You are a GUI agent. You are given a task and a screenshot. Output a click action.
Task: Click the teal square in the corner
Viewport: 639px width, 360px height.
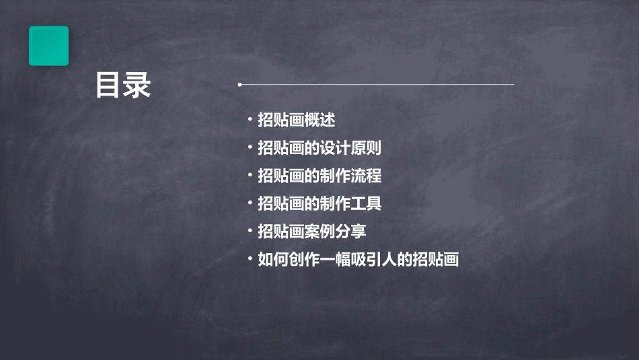pyautogui.click(x=48, y=46)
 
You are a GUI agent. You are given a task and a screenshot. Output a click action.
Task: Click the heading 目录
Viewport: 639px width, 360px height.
pyautogui.click(x=123, y=85)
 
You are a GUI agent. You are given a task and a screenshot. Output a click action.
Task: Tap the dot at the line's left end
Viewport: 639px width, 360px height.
pyautogui.click(x=239, y=85)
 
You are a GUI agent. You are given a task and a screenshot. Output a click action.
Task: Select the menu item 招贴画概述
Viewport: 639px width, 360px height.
pyautogui.click(x=296, y=120)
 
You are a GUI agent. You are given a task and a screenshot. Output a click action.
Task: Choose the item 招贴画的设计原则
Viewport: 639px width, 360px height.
pyautogui.click(x=319, y=148)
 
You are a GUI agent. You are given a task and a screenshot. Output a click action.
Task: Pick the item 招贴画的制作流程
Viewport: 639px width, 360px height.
pyautogui.click(x=319, y=176)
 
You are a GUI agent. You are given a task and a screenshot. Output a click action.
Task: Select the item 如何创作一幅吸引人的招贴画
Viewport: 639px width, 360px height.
pyautogui.click(x=358, y=259)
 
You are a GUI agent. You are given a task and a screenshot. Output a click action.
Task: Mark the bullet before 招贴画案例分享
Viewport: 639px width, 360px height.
pyautogui.click(x=250, y=231)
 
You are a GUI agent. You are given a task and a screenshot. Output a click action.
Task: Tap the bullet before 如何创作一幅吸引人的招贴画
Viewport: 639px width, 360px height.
pyautogui.click(x=250, y=258)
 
